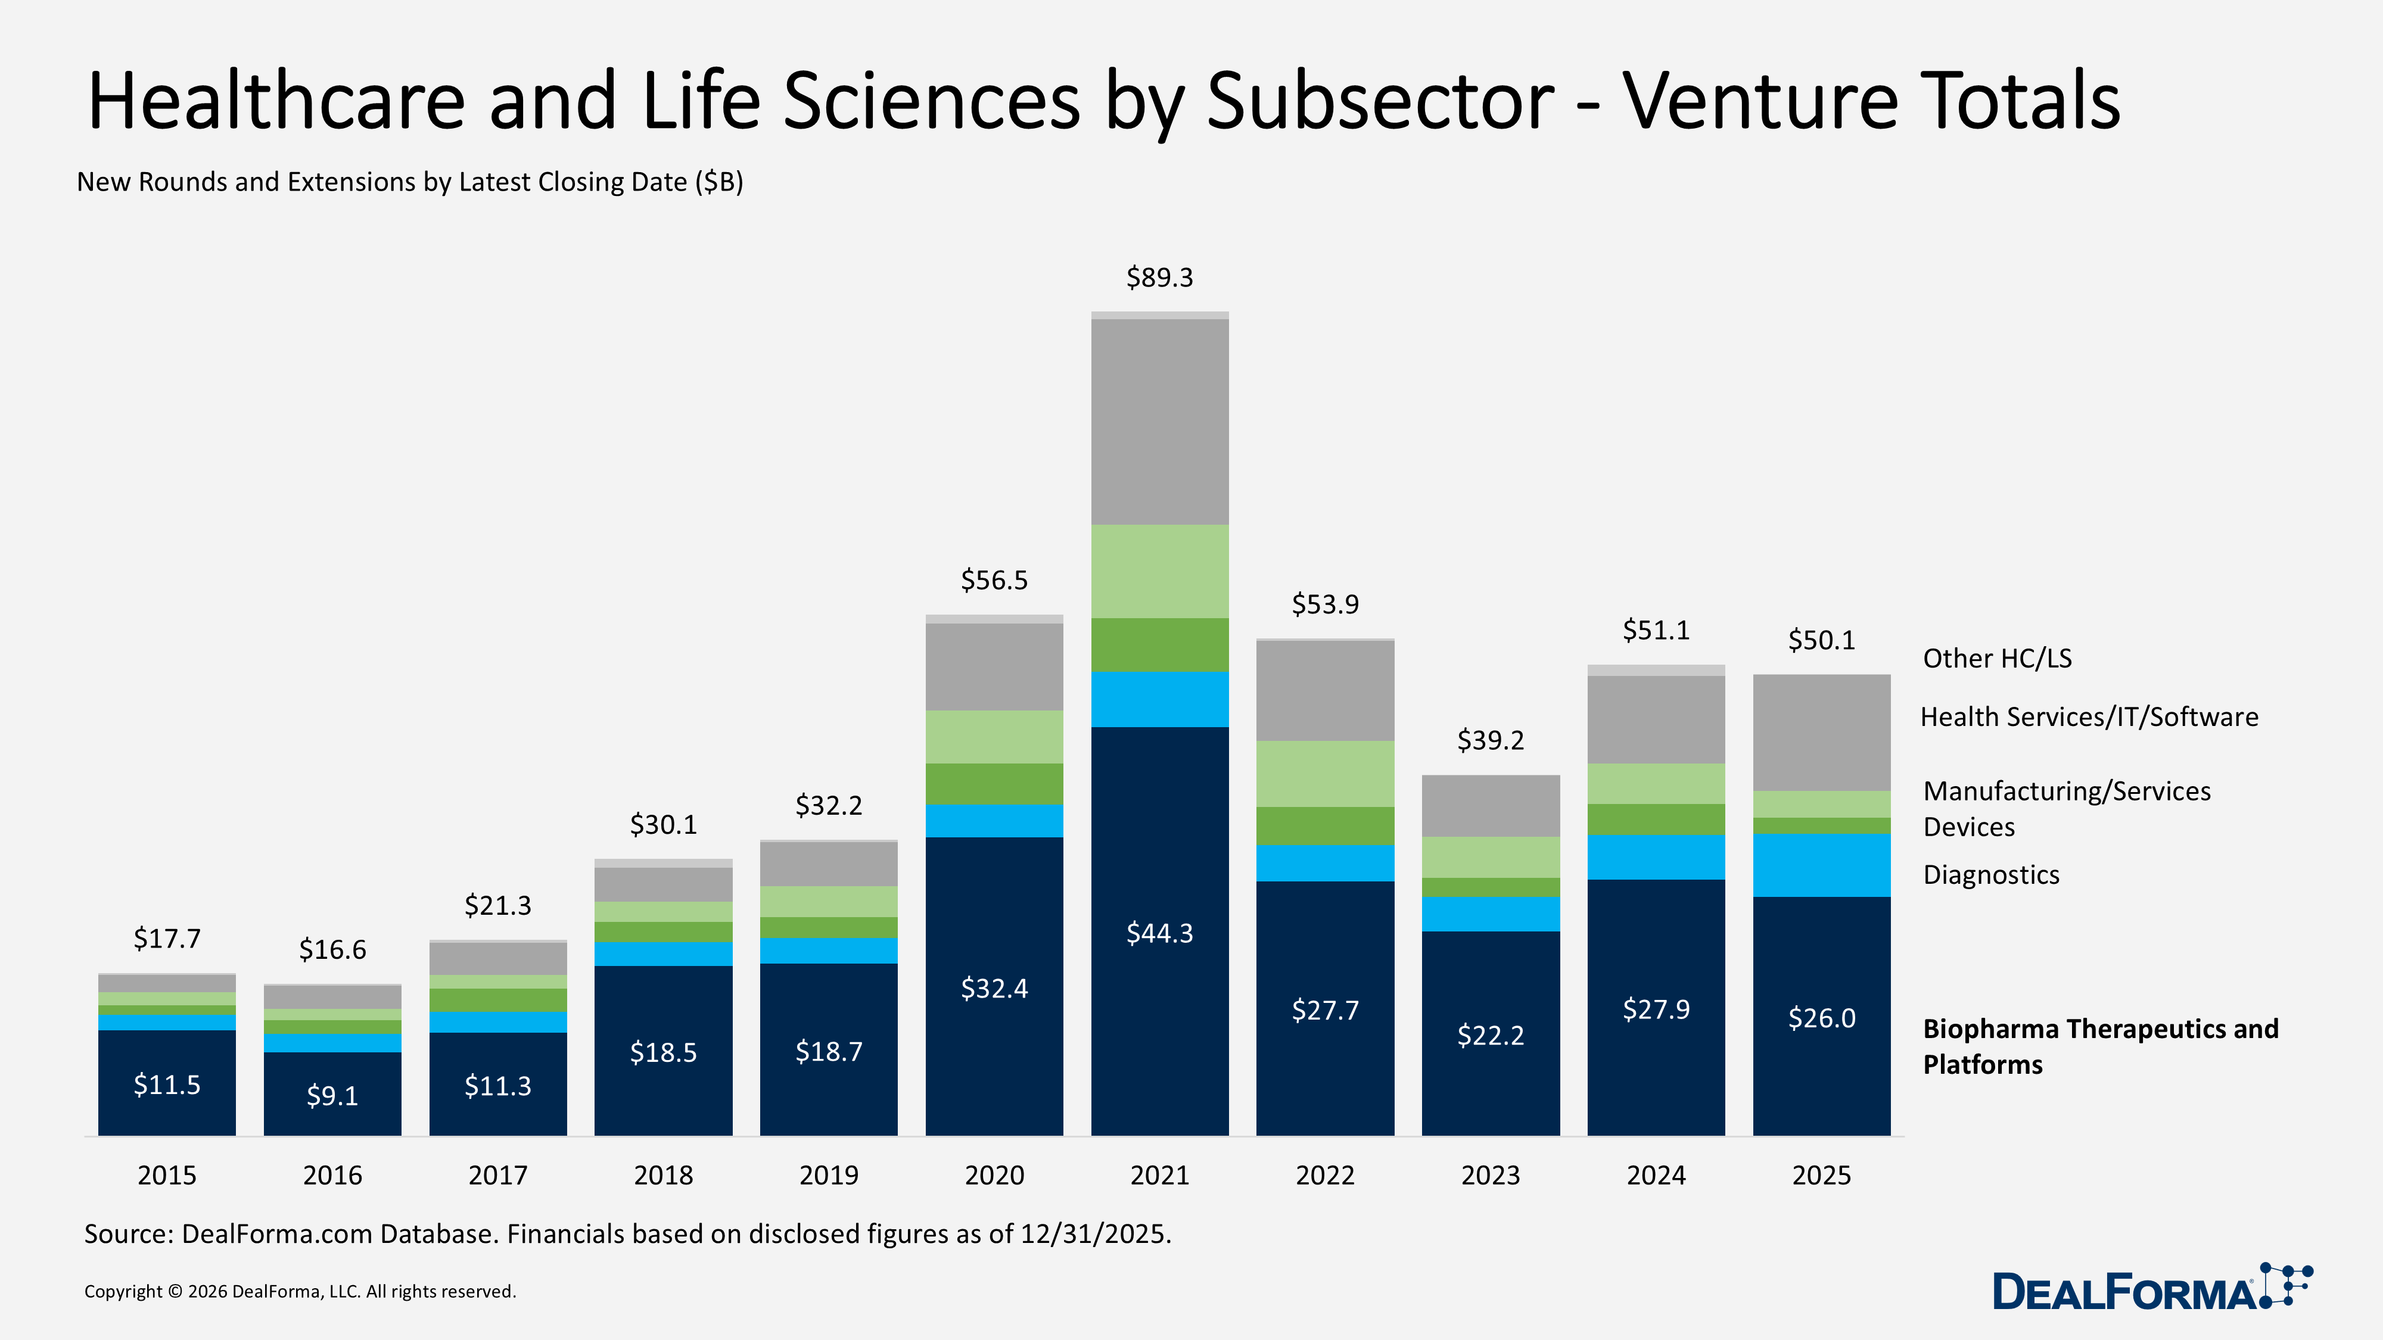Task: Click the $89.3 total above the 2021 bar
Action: click(x=1159, y=278)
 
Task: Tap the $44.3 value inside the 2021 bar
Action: click(x=1159, y=933)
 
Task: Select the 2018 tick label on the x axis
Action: click(x=663, y=1176)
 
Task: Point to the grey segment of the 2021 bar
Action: click(x=1159, y=421)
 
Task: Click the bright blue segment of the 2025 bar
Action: click(x=1821, y=865)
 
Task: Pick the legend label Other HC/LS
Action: click(x=1996, y=659)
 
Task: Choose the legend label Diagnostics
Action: click(x=1991, y=875)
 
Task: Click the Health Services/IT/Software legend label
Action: click(x=2089, y=716)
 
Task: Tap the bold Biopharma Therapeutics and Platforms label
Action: click(x=2100, y=1046)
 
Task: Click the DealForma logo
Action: click(x=2151, y=1288)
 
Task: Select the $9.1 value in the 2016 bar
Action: click(x=332, y=1096)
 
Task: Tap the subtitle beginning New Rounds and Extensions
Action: click(x=410, y=182)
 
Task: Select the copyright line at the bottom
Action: click(x=300, y=1292)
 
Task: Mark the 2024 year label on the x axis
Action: click(x=1656, y=1176)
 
